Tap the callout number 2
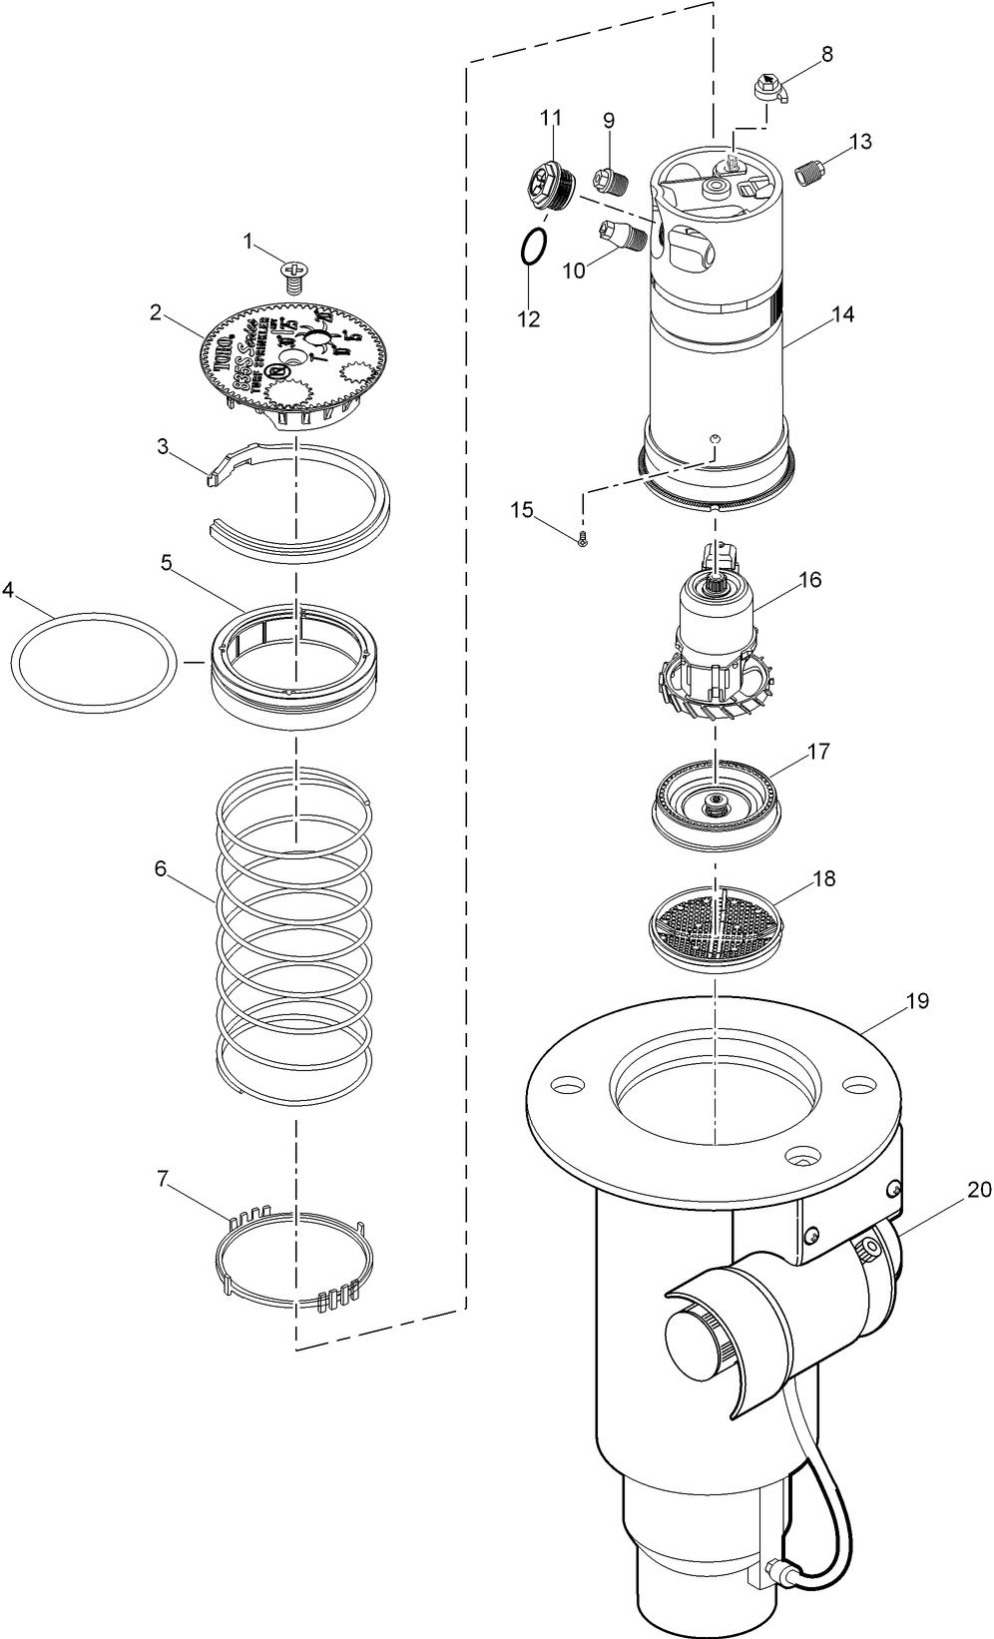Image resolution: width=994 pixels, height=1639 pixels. click(156, 312)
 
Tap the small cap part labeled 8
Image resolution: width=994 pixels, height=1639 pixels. click(771, 88)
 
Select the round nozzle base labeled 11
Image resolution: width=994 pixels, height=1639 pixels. click(548, 186)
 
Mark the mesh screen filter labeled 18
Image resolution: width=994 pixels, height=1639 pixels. click(717, 924)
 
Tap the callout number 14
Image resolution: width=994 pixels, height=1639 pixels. click(842, 314)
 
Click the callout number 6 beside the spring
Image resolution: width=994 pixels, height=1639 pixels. click(160, 867)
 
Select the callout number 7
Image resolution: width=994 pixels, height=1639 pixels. click(163, 1178)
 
